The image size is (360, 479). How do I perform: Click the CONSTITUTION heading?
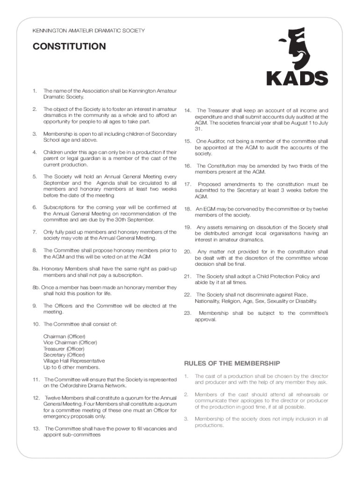tap(69, 46)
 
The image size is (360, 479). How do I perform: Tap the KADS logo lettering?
tap(297, 78)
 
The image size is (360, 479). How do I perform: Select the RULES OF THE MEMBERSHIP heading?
tap(232, 363)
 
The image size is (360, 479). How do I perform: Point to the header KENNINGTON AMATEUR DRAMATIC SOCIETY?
tap(88, 31)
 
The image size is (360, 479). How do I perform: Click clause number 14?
tap(187, 110)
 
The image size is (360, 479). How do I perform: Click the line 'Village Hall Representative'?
tap(74, 361)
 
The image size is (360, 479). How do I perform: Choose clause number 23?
tap(187, 313)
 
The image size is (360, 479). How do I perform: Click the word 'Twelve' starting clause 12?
tap(54, 398)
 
